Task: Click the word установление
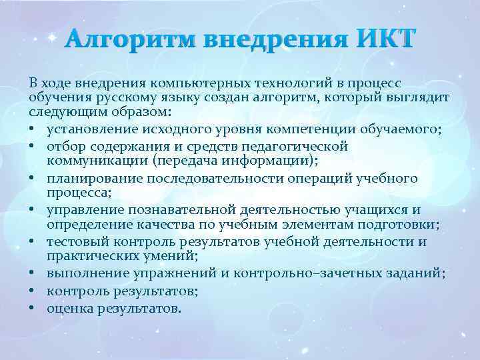88,128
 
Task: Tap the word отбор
65,144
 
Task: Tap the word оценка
69,309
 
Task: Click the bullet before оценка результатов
33,309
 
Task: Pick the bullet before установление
33,128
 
